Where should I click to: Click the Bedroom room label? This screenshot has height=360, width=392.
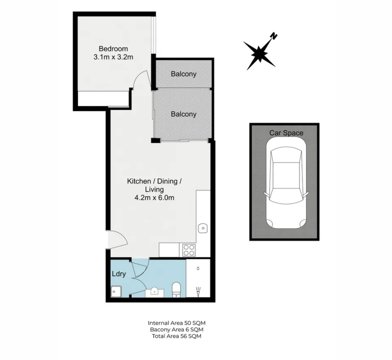coord(113,48)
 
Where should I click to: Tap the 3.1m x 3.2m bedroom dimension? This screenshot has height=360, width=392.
coord(113,57)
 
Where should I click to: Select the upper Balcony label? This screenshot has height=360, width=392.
coord(184,74)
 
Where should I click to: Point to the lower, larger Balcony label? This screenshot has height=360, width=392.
coord(184,114)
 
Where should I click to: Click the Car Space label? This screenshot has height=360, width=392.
coord(286,133)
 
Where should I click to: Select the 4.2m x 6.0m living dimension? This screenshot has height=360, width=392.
coord(154,198)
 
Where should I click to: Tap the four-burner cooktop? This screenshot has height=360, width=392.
coord(189,250)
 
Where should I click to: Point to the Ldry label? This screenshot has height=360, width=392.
coord(119,274)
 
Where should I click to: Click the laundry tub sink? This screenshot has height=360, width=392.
coord(116,292)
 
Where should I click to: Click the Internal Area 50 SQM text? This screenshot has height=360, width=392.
coord(176,323)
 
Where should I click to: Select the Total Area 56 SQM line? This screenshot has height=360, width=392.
coord(176,336)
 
